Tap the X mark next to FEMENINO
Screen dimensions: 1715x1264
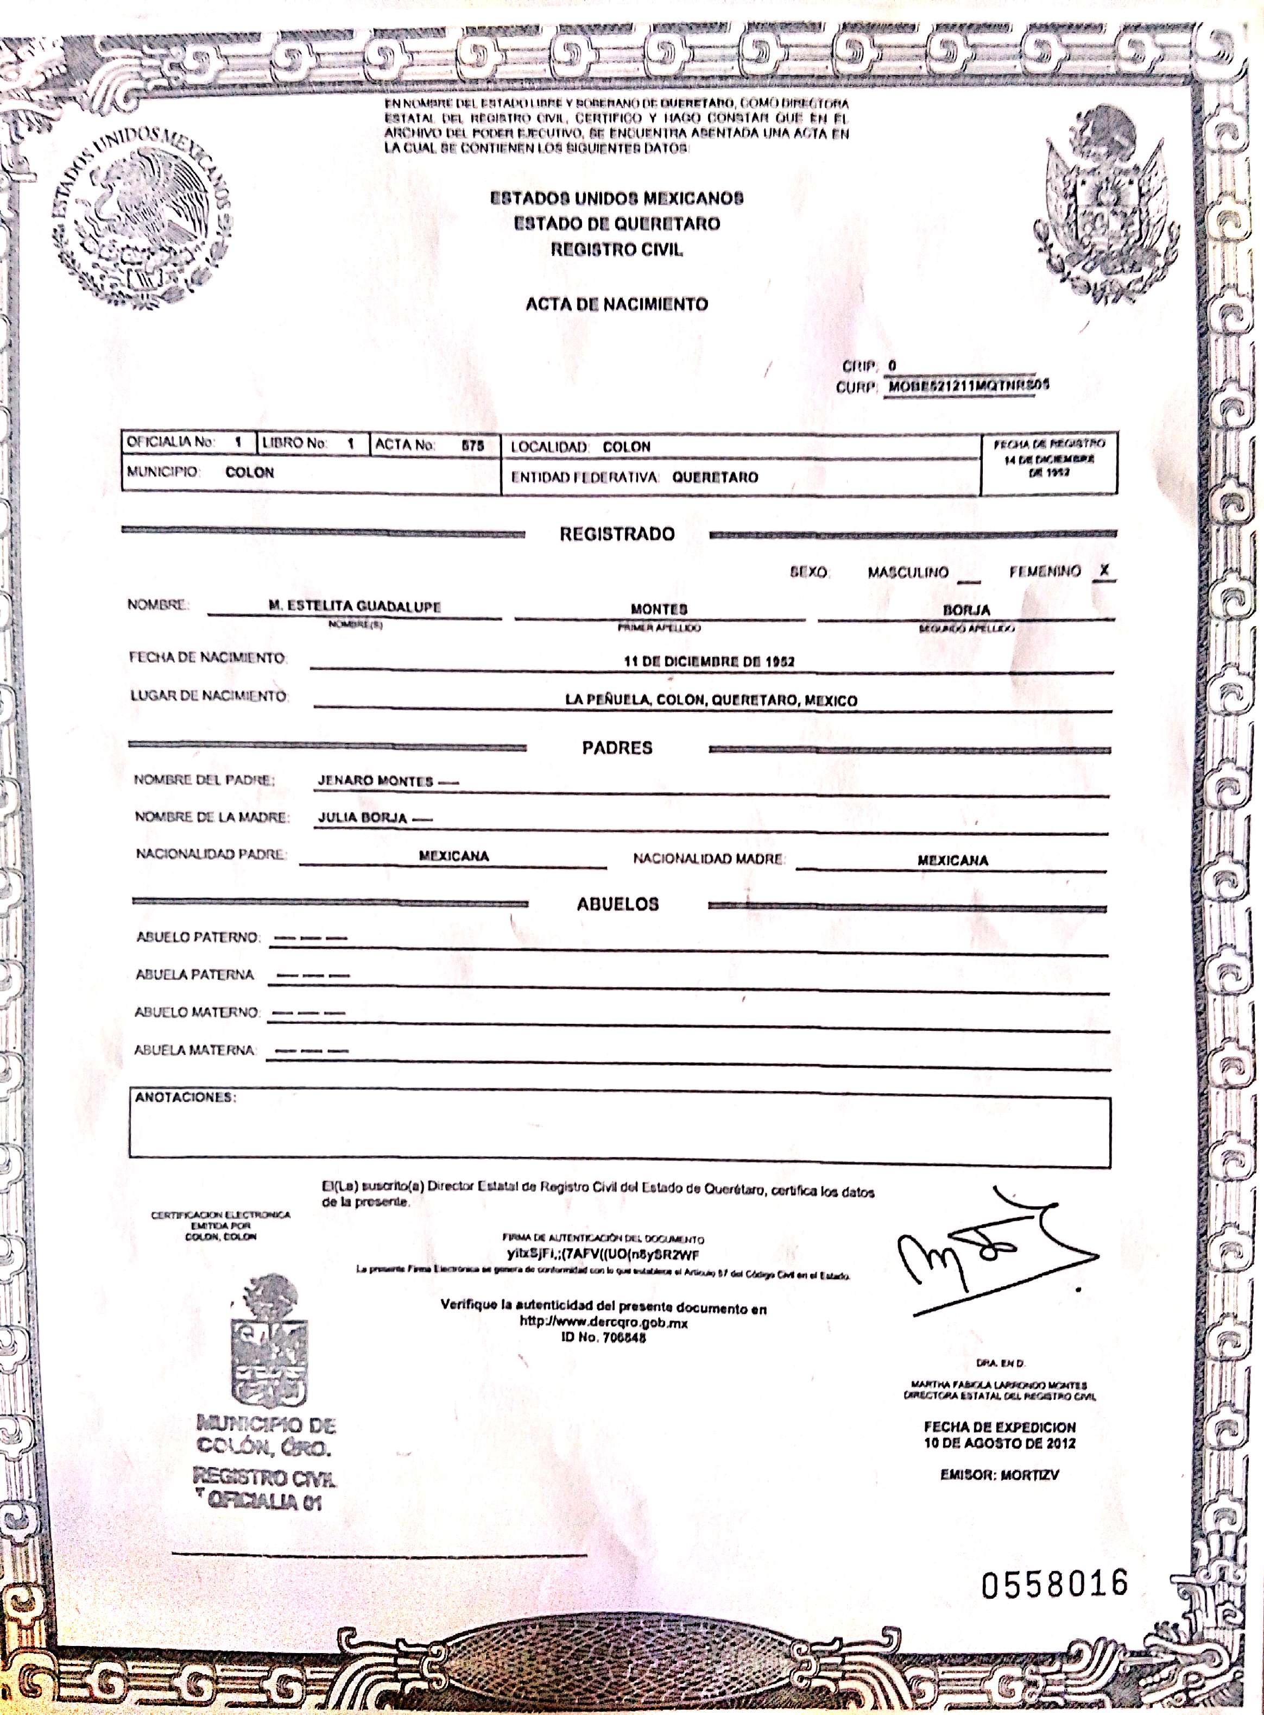(1103, 571)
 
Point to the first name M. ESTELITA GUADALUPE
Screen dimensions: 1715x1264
(354, 606)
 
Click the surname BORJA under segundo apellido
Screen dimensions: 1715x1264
(966, 610)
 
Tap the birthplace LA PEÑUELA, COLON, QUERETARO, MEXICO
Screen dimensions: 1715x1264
(711, 700)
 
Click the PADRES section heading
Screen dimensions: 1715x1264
(617, 748)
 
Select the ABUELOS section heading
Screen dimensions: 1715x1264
(617, 904)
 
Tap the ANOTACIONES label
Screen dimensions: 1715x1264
(185, 1097)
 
